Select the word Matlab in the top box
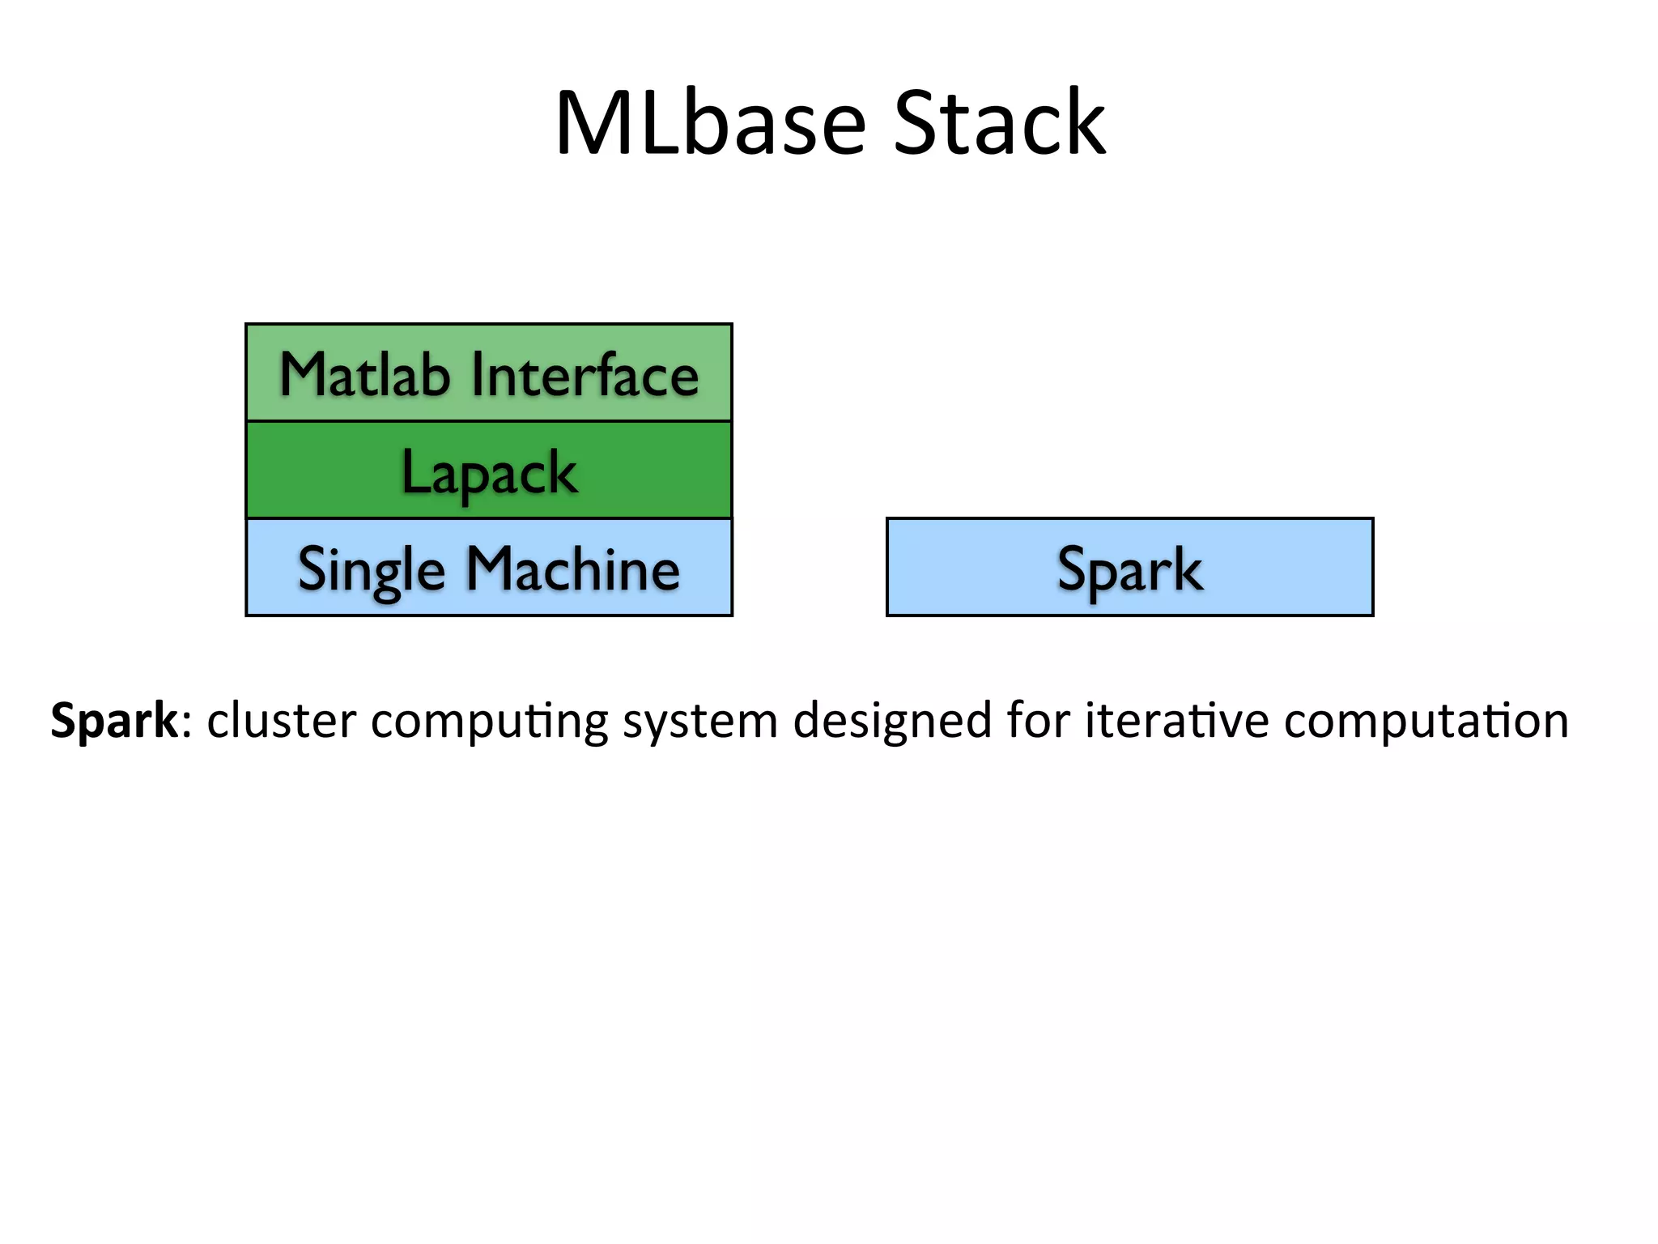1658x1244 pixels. (364, 374)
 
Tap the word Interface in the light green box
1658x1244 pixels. (585, 374)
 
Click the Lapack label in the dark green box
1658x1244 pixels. (489, 472)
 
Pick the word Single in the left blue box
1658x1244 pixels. (372, 570)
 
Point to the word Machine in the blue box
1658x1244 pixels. (573, 569)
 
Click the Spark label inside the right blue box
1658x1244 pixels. (1129, 570)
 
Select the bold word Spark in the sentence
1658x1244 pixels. (113, 720)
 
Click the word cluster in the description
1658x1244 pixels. (281, 720)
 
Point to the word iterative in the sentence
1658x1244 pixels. (1177, 720)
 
